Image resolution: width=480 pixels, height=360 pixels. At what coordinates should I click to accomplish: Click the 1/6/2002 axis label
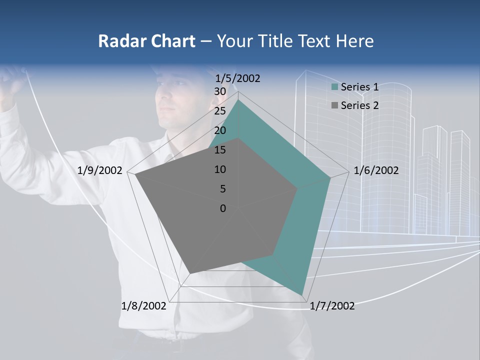point(376,170)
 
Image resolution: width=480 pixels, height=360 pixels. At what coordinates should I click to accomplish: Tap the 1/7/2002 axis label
point(332,305)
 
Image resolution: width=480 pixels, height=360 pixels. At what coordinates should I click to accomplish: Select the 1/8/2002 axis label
point(143,305)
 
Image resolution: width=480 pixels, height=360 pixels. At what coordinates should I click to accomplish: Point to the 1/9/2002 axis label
point(100,170)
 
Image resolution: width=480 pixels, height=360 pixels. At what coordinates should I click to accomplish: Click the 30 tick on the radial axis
point(219,91)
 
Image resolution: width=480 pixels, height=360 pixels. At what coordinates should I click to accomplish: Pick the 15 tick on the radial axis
point(219,150)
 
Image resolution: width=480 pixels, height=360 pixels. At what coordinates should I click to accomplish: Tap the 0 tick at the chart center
point(223,208)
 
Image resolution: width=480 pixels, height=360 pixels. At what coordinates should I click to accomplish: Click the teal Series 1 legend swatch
point(335,87)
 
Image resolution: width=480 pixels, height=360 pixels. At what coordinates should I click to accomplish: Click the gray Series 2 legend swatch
point(335,105)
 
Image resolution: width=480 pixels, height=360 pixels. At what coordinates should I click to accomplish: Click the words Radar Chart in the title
point(146,41)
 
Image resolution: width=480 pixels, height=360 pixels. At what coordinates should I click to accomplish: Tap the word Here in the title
point(354,41)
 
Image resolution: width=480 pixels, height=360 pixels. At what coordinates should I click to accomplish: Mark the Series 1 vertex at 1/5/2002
point(238,99)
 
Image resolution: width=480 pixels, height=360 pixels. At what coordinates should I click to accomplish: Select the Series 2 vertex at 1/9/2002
point(135,175)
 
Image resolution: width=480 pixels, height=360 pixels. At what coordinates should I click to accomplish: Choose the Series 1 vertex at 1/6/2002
point(330,177)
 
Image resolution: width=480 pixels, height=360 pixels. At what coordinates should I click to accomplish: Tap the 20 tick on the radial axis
point(219,130)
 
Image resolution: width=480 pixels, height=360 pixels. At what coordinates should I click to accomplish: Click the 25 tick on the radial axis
point(219,111)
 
